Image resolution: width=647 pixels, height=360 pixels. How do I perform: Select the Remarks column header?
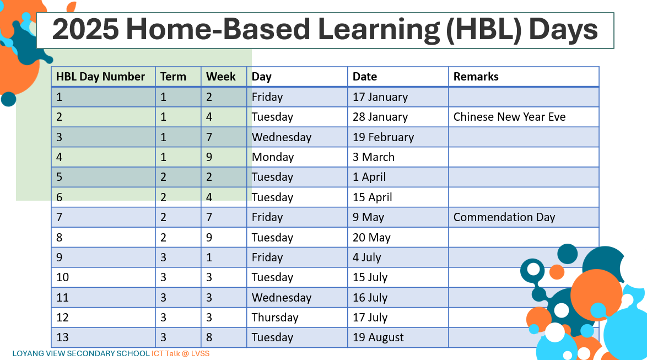476,77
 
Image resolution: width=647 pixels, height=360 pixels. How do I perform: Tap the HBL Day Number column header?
100,77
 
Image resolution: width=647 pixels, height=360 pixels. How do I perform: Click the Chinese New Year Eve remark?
509,117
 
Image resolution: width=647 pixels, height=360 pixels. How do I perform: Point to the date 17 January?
380,97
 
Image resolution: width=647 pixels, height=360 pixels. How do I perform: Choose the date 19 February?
383,137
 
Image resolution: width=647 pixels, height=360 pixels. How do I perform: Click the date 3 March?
374,157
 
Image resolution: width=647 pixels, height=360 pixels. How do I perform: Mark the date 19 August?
378,337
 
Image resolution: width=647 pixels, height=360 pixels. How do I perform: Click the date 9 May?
368,217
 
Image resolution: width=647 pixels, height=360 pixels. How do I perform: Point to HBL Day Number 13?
62,337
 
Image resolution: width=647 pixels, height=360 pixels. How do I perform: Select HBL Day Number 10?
62,277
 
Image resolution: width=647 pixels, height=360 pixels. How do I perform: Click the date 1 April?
369,177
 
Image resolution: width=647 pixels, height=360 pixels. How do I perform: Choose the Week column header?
221,77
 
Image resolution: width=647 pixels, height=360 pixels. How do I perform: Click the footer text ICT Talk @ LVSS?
180,354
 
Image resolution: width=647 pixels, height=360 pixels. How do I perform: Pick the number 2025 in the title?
85,30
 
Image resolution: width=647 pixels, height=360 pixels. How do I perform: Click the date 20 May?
371,238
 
